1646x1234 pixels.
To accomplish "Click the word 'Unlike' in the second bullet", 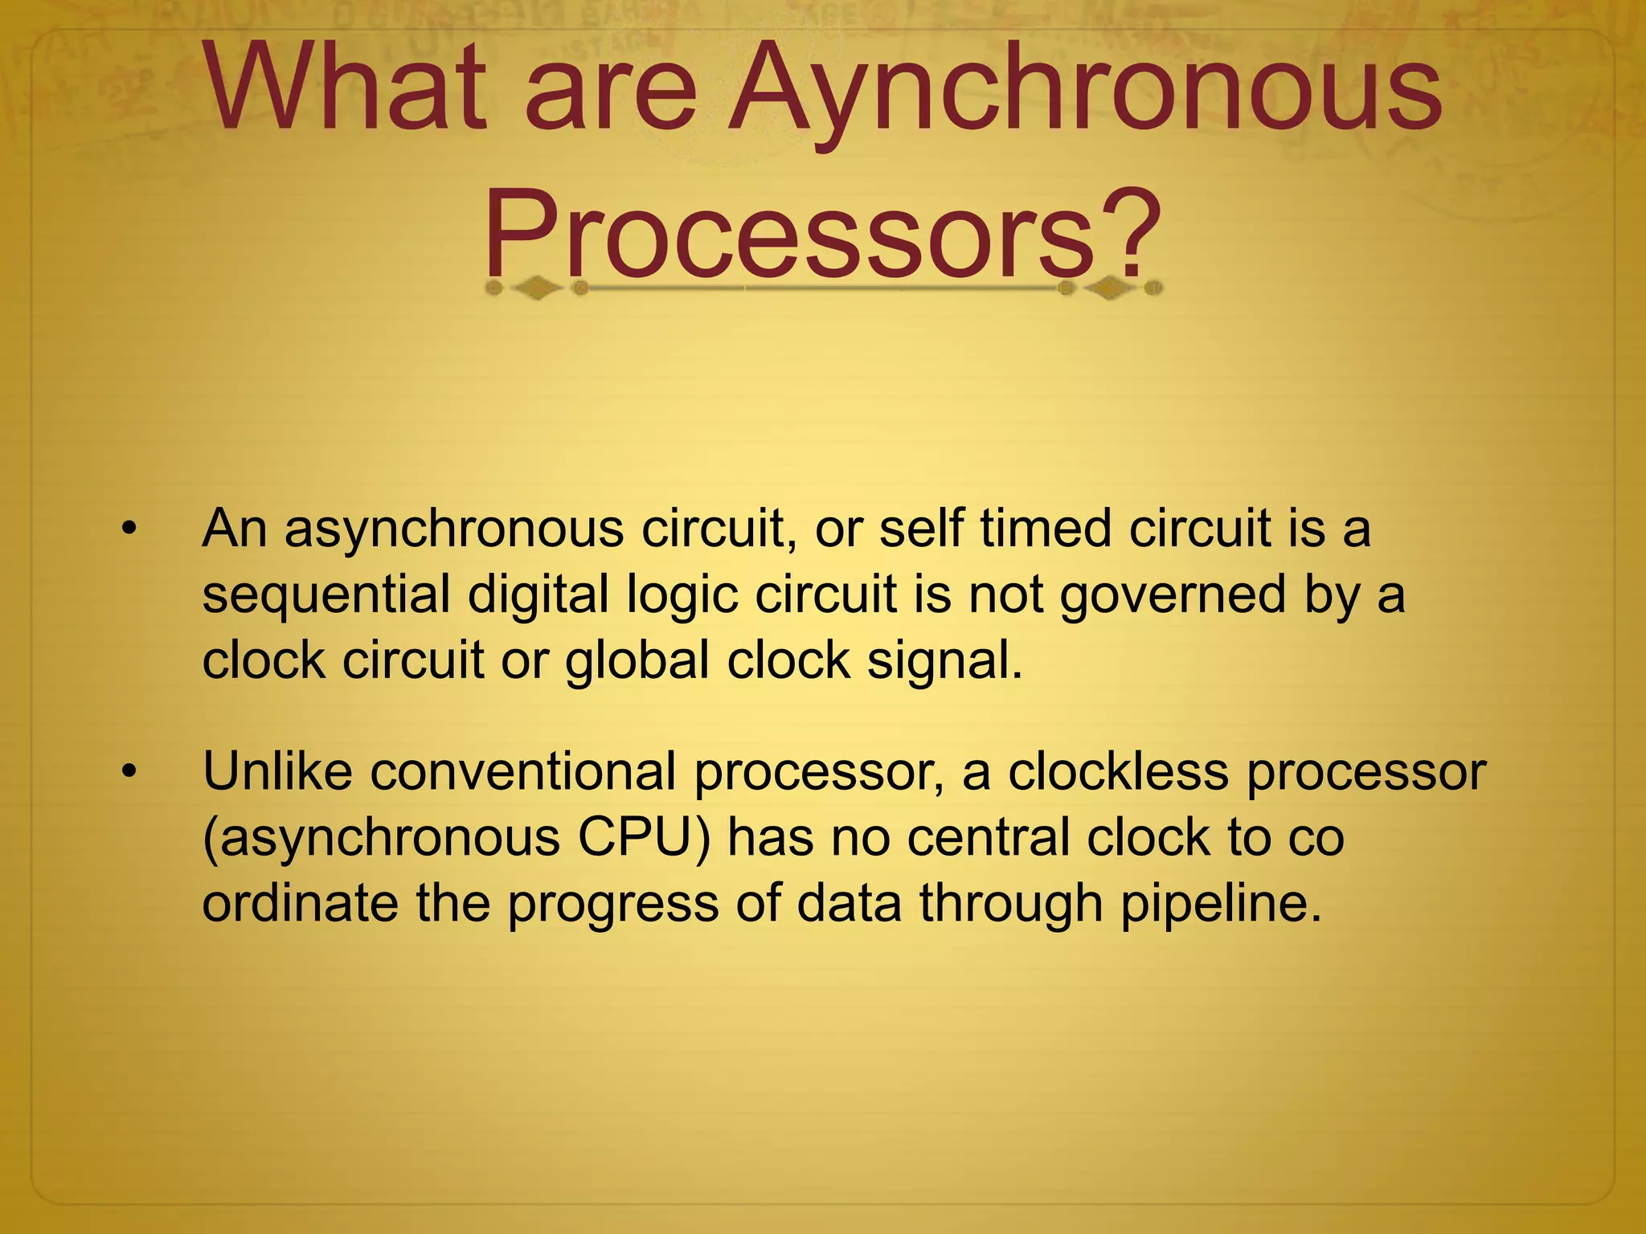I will [277, 771].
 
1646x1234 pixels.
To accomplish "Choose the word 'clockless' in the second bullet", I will [1118, 771].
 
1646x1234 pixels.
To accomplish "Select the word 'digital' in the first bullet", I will [538, 596].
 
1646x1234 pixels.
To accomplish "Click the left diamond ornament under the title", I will [537, 288].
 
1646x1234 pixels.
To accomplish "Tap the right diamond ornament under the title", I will [1110, 288].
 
